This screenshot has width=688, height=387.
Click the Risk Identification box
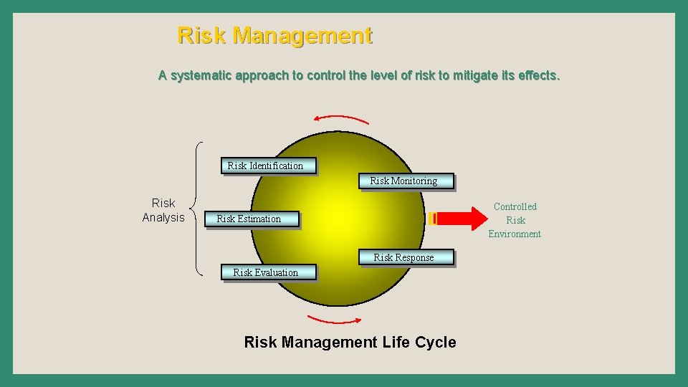point(265,166)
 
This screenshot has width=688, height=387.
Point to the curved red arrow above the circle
point(342,118)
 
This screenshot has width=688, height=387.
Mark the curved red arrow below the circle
point(334,320)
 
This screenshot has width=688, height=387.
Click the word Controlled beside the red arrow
point(515,206)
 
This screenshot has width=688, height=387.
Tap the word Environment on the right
point(515,234)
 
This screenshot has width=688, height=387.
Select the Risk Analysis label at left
point(163,210)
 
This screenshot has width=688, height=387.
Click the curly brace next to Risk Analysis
point(197,209)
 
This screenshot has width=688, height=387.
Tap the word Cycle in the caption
point(435,342)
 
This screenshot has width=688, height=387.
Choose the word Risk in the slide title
point(202,35)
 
